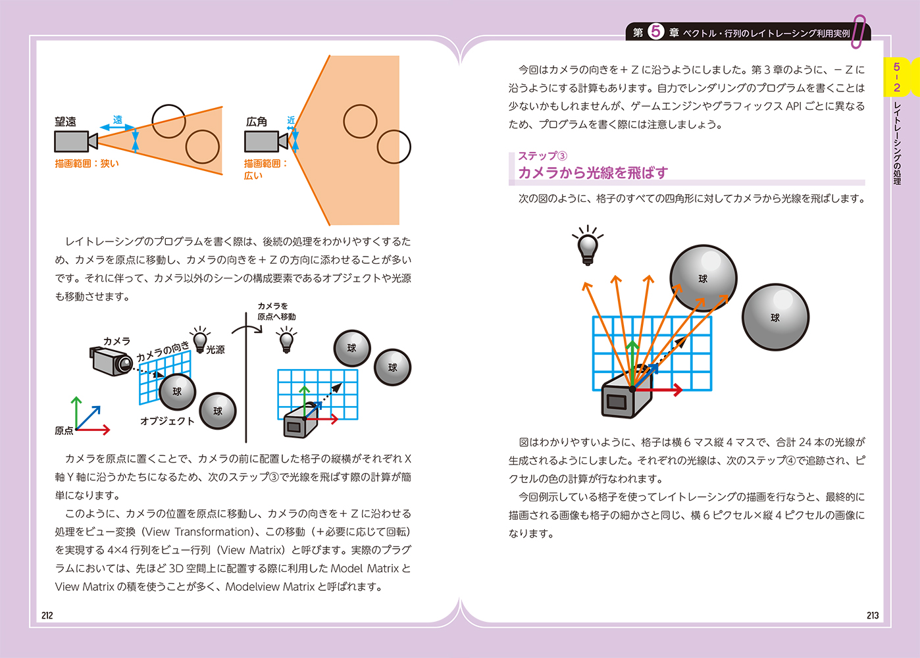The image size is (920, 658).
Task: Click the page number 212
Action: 47,615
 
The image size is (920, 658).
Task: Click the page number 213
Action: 872,615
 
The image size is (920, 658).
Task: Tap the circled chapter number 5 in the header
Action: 656,32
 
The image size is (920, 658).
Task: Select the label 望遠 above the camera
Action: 65,122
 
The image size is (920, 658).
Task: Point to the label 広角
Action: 256,122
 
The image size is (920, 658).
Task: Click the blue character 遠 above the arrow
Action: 117,119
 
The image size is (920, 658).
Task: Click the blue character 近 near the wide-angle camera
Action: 291,120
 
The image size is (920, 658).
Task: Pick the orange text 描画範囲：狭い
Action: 87,163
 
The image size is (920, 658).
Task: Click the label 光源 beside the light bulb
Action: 215,349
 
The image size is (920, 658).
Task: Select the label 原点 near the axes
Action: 64,430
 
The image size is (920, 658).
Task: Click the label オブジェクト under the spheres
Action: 167,420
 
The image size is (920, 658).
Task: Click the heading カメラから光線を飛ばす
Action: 592,172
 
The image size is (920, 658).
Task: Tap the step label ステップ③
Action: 542,156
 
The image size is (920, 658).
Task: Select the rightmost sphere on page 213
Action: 775,317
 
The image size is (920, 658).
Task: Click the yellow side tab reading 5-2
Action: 896,77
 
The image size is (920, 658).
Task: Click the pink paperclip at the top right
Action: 859,31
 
